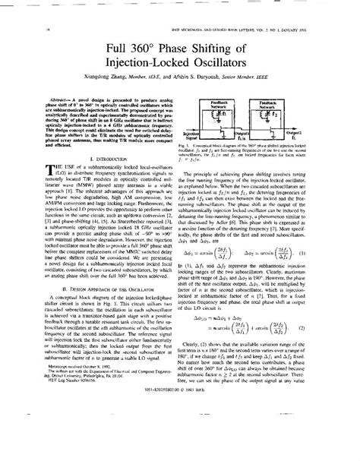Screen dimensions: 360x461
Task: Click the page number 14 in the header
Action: (x=27, y=29)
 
